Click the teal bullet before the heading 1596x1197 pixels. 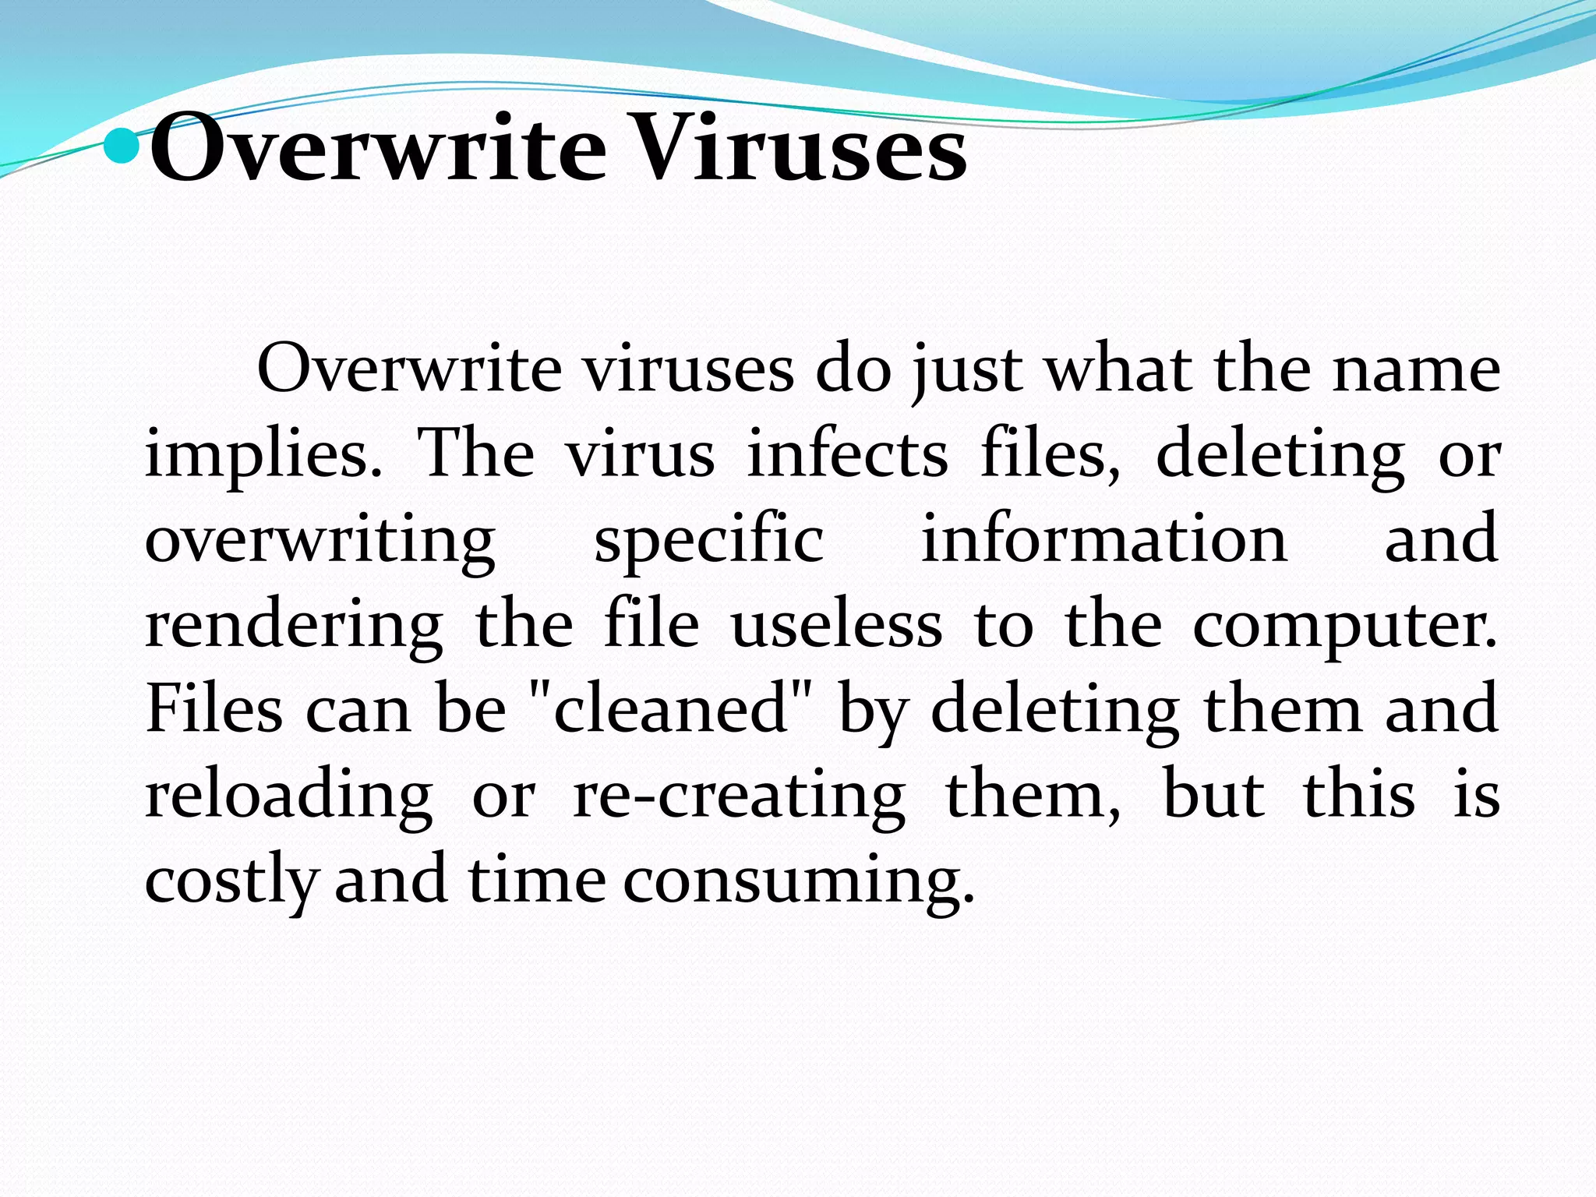click(x=122, y=146)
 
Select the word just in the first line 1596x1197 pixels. click(x=966, y=371)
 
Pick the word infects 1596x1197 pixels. click(x=847, y=455)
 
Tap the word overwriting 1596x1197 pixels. click(x=320, y=542)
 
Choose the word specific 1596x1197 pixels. click(x=708, y=542)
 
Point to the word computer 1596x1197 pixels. click(x=1344, y=628)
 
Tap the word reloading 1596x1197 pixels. click(x=288, y=796)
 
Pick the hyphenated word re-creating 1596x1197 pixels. click(x=739, y=796)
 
